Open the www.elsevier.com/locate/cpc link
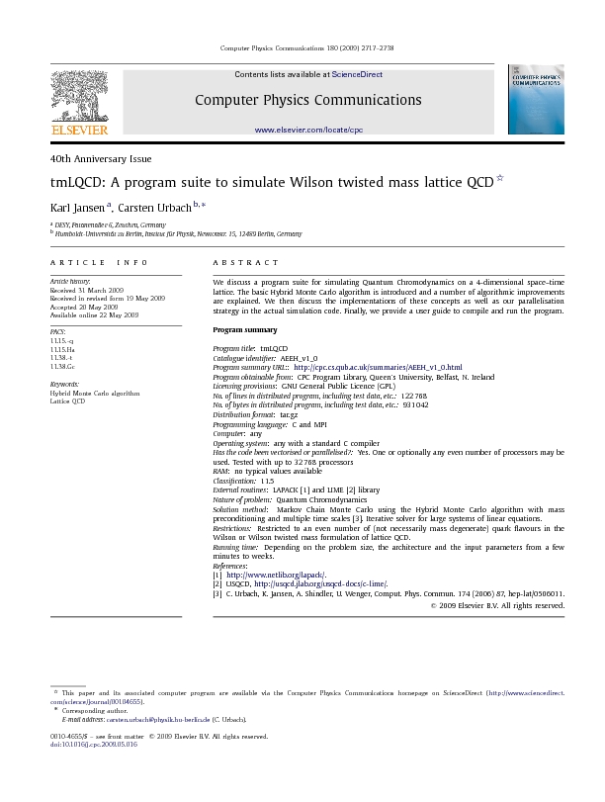[x=308, y=130]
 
